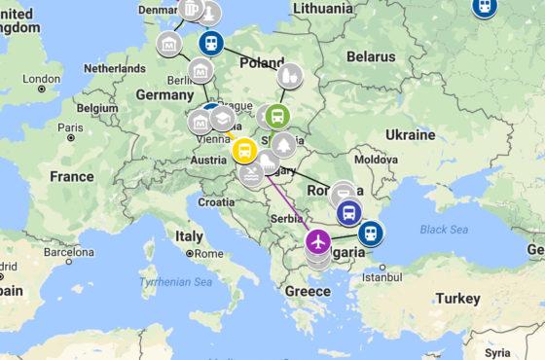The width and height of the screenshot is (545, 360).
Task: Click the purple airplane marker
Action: click(318, 240)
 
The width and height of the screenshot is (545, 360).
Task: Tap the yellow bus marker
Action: click(244, 151)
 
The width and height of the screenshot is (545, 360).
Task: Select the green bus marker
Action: click(277, 117)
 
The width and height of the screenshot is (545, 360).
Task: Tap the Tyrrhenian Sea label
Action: click(177, 281)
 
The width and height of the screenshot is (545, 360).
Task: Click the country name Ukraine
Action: click(410, 134)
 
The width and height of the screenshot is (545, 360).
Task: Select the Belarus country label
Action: click(372, 56)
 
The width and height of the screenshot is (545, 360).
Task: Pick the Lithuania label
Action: click(322, 8)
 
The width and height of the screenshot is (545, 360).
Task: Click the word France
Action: click(71, 177)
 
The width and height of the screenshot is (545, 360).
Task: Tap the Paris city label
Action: click(69, 126)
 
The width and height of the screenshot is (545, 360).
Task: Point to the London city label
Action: click(42, 79)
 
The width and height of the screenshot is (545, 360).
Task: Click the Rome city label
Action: click(208, 253)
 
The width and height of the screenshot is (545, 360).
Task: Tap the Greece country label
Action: click(308, 291)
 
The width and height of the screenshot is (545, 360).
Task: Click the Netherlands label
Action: click(116, 69)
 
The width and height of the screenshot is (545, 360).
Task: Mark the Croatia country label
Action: click(216, 202)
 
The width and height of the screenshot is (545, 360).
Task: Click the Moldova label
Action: click(376, 159)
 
